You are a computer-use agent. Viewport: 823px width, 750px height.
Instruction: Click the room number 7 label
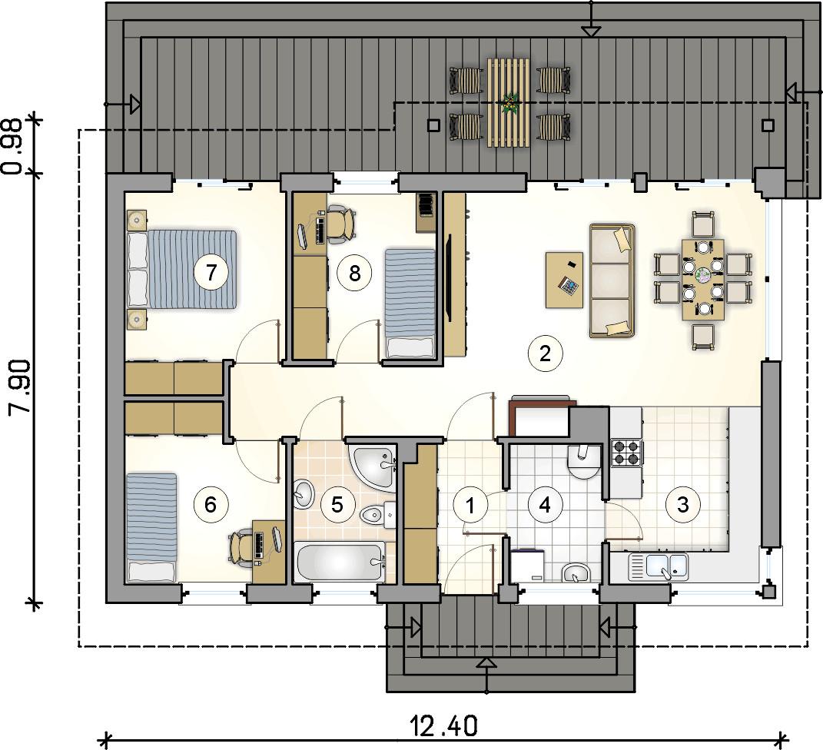click(211, 272)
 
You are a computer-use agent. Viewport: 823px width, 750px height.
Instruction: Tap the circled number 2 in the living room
click(546, 353)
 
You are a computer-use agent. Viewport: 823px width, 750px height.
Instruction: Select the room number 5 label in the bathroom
click(337, 505)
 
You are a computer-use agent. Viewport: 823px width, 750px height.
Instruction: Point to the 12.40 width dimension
click(444, 727)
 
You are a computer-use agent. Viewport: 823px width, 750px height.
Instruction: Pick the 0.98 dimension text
click(12, 147)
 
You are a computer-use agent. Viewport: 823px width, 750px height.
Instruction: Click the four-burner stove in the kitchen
click(626, 453)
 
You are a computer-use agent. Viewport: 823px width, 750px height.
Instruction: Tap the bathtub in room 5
click(340, 562)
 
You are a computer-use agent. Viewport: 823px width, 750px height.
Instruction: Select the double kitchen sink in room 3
click(659, 566)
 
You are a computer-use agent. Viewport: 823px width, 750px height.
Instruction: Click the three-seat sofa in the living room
click(612, 280)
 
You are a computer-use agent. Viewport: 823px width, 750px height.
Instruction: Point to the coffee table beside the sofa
click(565, 280)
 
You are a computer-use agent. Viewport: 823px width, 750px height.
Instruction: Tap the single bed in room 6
click(151, 527)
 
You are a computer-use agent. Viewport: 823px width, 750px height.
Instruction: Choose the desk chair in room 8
click(342, 224)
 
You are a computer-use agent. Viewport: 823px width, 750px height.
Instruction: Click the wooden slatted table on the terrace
click(508, 102)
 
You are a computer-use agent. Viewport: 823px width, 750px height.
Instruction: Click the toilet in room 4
click(582, 462)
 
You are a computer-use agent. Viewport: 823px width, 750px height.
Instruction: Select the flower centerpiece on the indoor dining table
click(703, 274)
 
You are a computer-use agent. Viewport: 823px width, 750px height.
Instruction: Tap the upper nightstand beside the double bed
click(137, 219)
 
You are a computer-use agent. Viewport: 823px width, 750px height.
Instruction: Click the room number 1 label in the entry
click(471, 506)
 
